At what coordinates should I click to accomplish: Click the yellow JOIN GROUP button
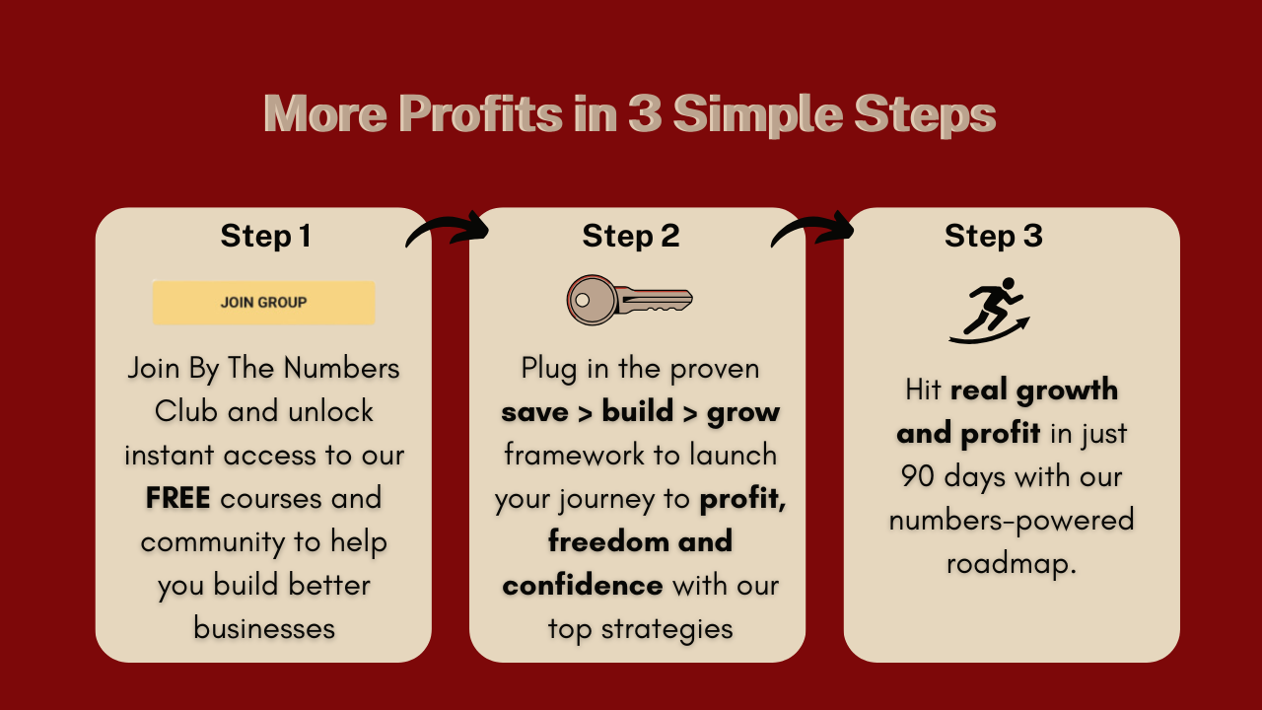pyautogui.click(x=263, y=303)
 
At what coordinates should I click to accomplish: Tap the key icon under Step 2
pyautogui.click(x=629, y=300)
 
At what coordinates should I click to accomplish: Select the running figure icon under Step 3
pyautogui.click(x=989, y=311)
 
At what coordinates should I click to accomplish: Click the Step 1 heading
pyautogui.click(x=265, y=236)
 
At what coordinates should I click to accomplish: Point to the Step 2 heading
pyautogui.click(x=631, y=236)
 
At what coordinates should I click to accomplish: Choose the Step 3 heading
pyautogui.click(x=994, y=236)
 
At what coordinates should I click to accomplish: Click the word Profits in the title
pyautogui.click(x=480, y=113)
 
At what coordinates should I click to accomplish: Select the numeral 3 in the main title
pyautogui.click(x=645, y=113)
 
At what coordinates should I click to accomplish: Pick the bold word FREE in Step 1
pyautogui.click(x=178, y=498)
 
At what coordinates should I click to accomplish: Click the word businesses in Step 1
pyautogui.click(x=264, y=628)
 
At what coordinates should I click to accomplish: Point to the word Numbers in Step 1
pyautogui.click(x=341, y=369)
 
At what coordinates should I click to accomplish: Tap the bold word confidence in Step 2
pyautogui.click(x=583, y=586)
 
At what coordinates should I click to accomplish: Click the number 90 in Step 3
pyautogui.click(x=918, y=476)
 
